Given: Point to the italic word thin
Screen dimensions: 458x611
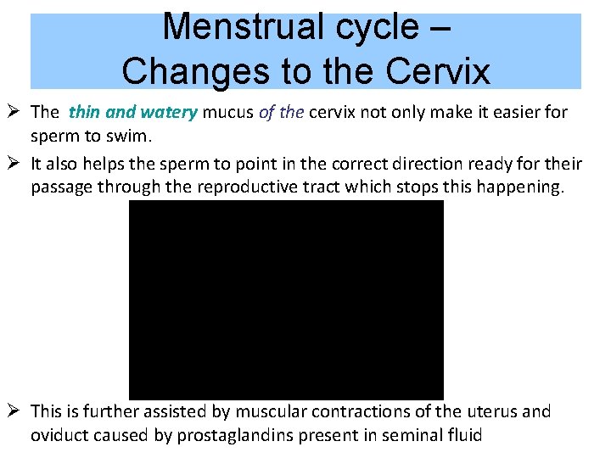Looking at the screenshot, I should click(x=85, y=112).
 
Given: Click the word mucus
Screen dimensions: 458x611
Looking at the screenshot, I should click(x=227, y=112).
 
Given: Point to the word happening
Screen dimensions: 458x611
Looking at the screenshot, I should click(x=519, y=187).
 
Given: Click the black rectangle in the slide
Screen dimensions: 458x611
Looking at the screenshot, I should click(x=286, y=299).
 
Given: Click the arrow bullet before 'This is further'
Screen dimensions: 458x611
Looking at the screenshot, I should click(x=15, y=411).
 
